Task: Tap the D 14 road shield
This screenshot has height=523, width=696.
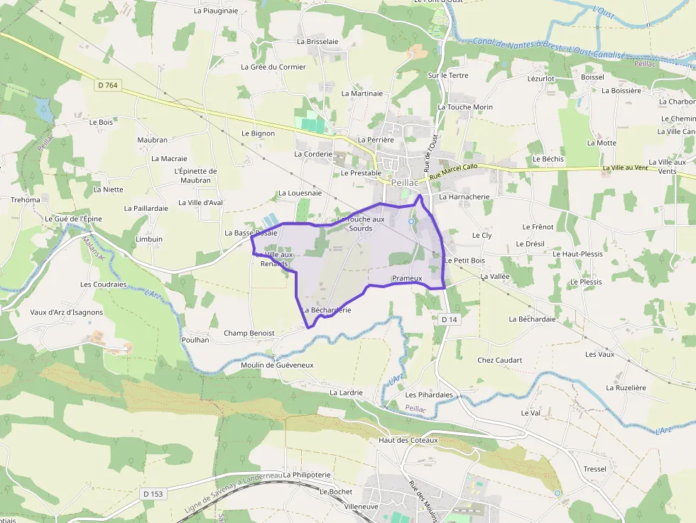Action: coord(449,319)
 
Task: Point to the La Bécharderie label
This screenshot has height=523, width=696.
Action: coord(327,310)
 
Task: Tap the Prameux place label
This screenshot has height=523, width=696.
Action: coord(407,278)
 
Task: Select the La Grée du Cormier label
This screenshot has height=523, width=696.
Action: coord(273,67)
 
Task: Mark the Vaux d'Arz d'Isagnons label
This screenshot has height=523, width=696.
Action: coord(67,312)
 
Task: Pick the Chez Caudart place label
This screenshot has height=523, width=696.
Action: coord(499,360)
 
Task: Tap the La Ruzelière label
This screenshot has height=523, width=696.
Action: coord(626,388)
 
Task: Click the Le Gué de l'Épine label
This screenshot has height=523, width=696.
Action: coord(73,219)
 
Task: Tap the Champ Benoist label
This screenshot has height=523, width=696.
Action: coord(249,333)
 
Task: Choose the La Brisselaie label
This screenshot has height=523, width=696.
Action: coord(317,42)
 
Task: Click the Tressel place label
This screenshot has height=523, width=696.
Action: coord(594,469)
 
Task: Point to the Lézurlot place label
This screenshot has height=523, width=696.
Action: coord(541,78)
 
